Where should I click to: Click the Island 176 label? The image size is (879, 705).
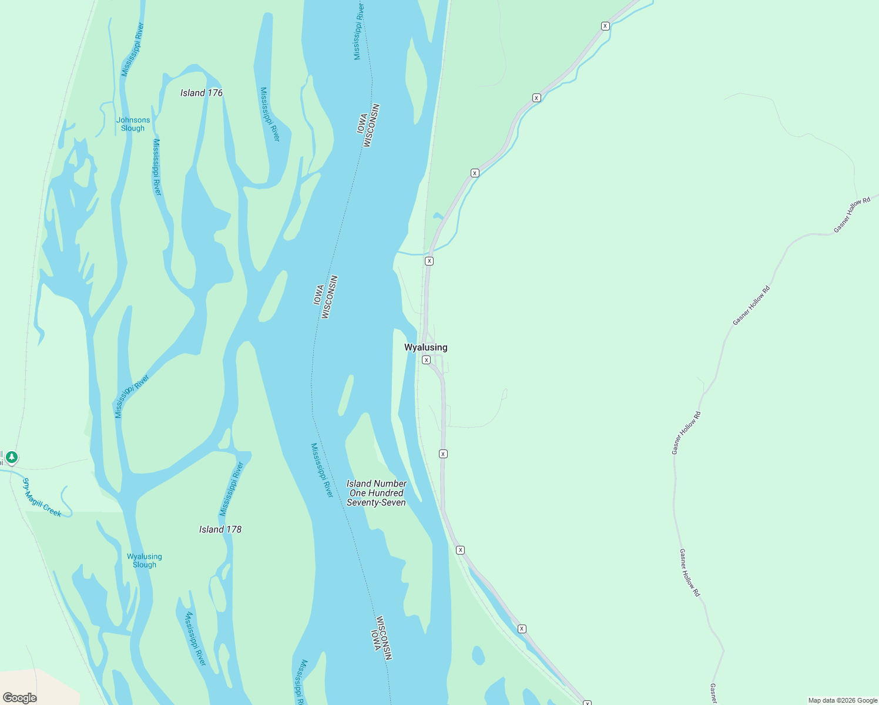tap(201, 93)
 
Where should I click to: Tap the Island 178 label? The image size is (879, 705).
tap(220, 529)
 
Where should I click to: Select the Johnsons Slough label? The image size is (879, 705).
tap(133, 124)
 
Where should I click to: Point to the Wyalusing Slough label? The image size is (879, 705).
tap(144, 560)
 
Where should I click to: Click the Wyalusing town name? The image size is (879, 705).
tap(425, 347)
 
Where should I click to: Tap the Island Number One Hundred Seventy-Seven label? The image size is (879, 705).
tap(376, 493)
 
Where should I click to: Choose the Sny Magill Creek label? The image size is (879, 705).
tap(42, 498)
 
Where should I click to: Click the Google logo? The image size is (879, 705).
tap(20, 698)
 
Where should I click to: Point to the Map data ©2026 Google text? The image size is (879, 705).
tap(842, 700)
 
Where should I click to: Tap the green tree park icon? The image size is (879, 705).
tap(11, 456)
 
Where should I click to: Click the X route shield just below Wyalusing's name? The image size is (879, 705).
tap(427, 360)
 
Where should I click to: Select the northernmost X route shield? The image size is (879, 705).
tap(605, 26)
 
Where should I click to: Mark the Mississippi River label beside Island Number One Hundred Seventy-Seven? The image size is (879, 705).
tap(322, 470)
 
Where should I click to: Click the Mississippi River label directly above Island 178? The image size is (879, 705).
tap(232, 489)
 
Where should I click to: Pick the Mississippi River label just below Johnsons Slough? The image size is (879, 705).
tap(157, 167)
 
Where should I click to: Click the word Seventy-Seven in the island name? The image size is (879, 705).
tap(376, 502)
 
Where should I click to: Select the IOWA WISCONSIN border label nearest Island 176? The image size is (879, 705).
tap(367, 126)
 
